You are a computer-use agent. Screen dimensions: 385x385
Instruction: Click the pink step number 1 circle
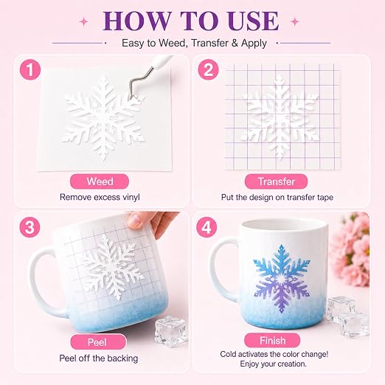tap(30, 69)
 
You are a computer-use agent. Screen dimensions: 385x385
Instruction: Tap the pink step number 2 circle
tap(209, 69)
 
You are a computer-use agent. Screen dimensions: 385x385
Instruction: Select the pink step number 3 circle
tap(30, 227)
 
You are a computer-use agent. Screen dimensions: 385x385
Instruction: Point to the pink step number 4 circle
tap(207, 227)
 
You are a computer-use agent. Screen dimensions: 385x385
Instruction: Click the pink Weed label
tap(100, 181)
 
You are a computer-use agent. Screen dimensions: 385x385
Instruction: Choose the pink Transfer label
tap(276, 181)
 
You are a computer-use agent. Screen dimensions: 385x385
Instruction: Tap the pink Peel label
tap(98, 341)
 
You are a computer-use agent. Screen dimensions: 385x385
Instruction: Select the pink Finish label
tap(272, 341)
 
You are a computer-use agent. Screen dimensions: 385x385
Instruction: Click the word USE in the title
tap(253, 21)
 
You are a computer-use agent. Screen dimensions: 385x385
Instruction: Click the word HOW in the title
tap(137, 21)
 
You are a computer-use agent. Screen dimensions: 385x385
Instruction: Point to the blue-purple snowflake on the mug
tap(282, 279)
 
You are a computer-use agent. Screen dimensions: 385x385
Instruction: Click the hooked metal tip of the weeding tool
tap(133, 96)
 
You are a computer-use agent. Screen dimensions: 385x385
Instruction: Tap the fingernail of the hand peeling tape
tap(134, 221)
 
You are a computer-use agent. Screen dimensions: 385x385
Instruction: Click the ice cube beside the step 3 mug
tap(171, 330)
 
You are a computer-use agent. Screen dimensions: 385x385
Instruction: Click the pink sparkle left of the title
tap(84, 22)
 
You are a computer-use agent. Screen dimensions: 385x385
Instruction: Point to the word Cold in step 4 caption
tap(228, 354)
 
